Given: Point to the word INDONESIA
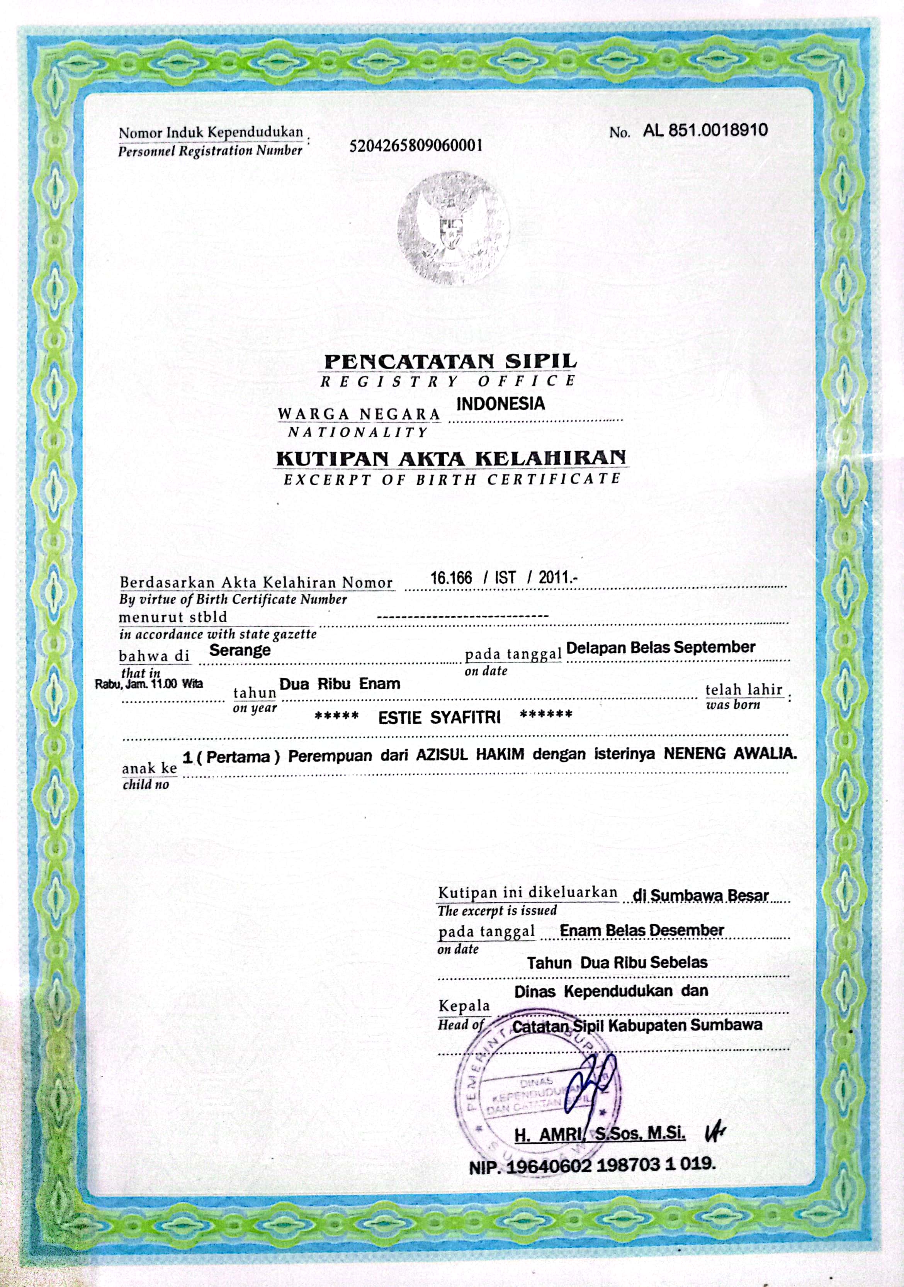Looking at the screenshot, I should [x=500, y=404].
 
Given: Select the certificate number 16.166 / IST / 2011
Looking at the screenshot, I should [x=503, y=578].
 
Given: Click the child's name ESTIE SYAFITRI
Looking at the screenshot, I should [x=439, y=718].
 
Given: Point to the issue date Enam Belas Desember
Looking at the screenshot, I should [x=642, y=931].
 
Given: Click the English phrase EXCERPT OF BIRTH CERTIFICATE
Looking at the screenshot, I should [x=452, y=480].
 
